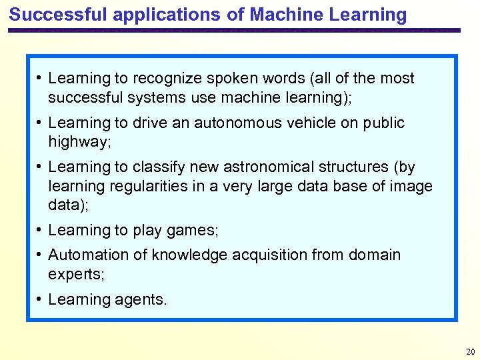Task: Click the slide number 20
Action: [470, 351]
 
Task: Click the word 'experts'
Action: [74, 274]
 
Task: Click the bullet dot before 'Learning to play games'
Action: [41, 230]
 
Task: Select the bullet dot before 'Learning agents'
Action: [41, 299]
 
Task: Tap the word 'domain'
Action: [371, 255]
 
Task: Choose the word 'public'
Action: [384, 123]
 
